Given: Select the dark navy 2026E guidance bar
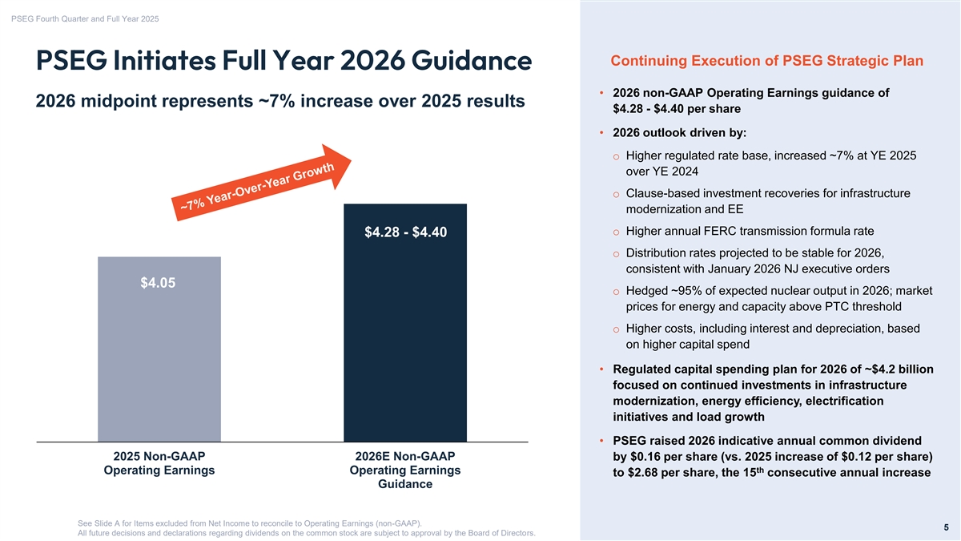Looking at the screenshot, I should (x=405, y=337).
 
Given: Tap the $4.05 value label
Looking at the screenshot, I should (x=159, y=283).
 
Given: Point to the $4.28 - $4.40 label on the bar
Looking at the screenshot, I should (x=405, y=232).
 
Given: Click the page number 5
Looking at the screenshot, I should (x=946, y=527).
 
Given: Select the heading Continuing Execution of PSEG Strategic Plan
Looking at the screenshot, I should (x=766, y=62).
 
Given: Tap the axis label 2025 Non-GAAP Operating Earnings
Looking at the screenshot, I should (x=159, y=463).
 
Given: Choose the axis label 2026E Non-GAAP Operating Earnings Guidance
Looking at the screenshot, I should (x=405, y=470).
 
